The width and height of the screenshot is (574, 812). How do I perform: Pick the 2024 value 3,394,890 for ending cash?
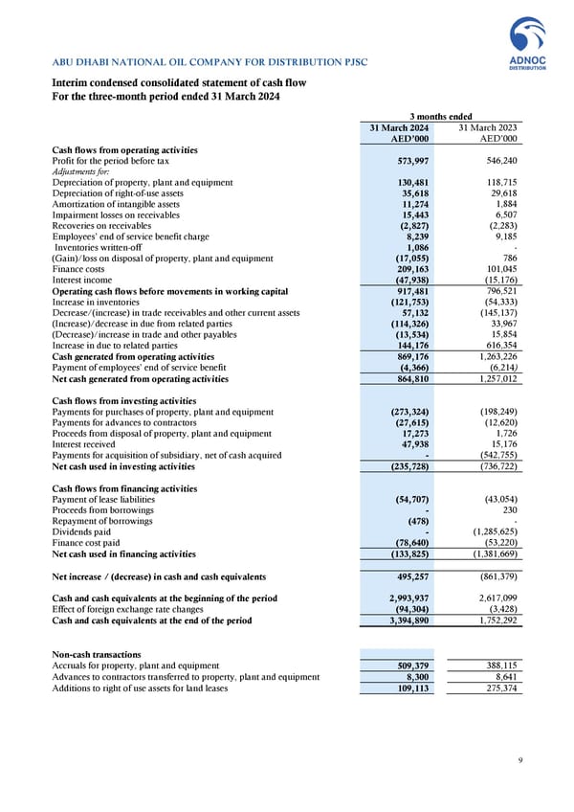coord(406,620)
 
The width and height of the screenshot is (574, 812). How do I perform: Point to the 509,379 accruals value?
coord(410,665)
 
